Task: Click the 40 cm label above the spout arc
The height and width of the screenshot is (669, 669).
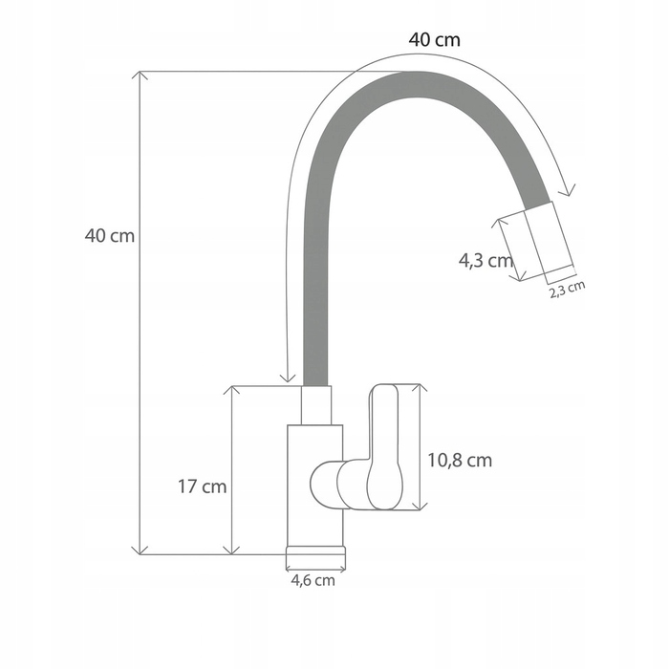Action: pos(434,40)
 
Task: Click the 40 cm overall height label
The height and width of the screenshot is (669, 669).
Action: pos(110,235)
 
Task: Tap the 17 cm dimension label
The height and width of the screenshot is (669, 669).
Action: pos(202,486)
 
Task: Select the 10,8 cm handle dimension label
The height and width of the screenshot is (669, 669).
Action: pos(460,460)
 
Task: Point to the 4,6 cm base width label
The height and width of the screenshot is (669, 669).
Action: pos(313,580)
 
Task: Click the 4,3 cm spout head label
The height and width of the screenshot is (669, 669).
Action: pos(486,260)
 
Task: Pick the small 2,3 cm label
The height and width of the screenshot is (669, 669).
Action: pos(567,290)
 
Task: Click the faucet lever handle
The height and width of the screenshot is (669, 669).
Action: pos(385,446)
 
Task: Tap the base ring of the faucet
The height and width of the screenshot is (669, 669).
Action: pos(315,557)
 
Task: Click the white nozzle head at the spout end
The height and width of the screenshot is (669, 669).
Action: pos(550,243)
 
